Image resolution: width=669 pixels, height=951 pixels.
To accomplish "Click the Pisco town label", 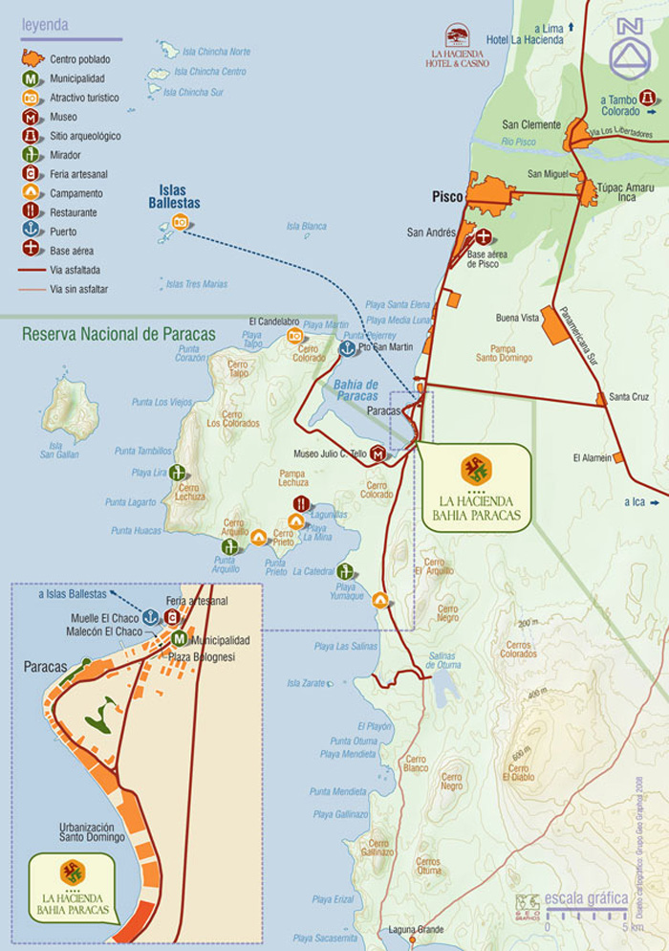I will (x=446, y=196).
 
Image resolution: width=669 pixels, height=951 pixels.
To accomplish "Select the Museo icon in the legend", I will (x=32, y=117).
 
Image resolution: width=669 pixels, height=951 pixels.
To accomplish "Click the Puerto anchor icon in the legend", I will (x=32, y=231).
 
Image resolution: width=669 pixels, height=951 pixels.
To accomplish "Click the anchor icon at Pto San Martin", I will (x=348, y=349).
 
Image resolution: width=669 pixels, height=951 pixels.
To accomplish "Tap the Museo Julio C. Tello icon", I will (x=378, y=453).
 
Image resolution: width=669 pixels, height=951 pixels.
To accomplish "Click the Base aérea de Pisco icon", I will (x=484, y=236).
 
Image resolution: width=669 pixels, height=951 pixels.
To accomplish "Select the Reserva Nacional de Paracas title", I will (x=119, y=335).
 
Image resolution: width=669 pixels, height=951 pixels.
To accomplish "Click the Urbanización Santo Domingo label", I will (x=92, y=831).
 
